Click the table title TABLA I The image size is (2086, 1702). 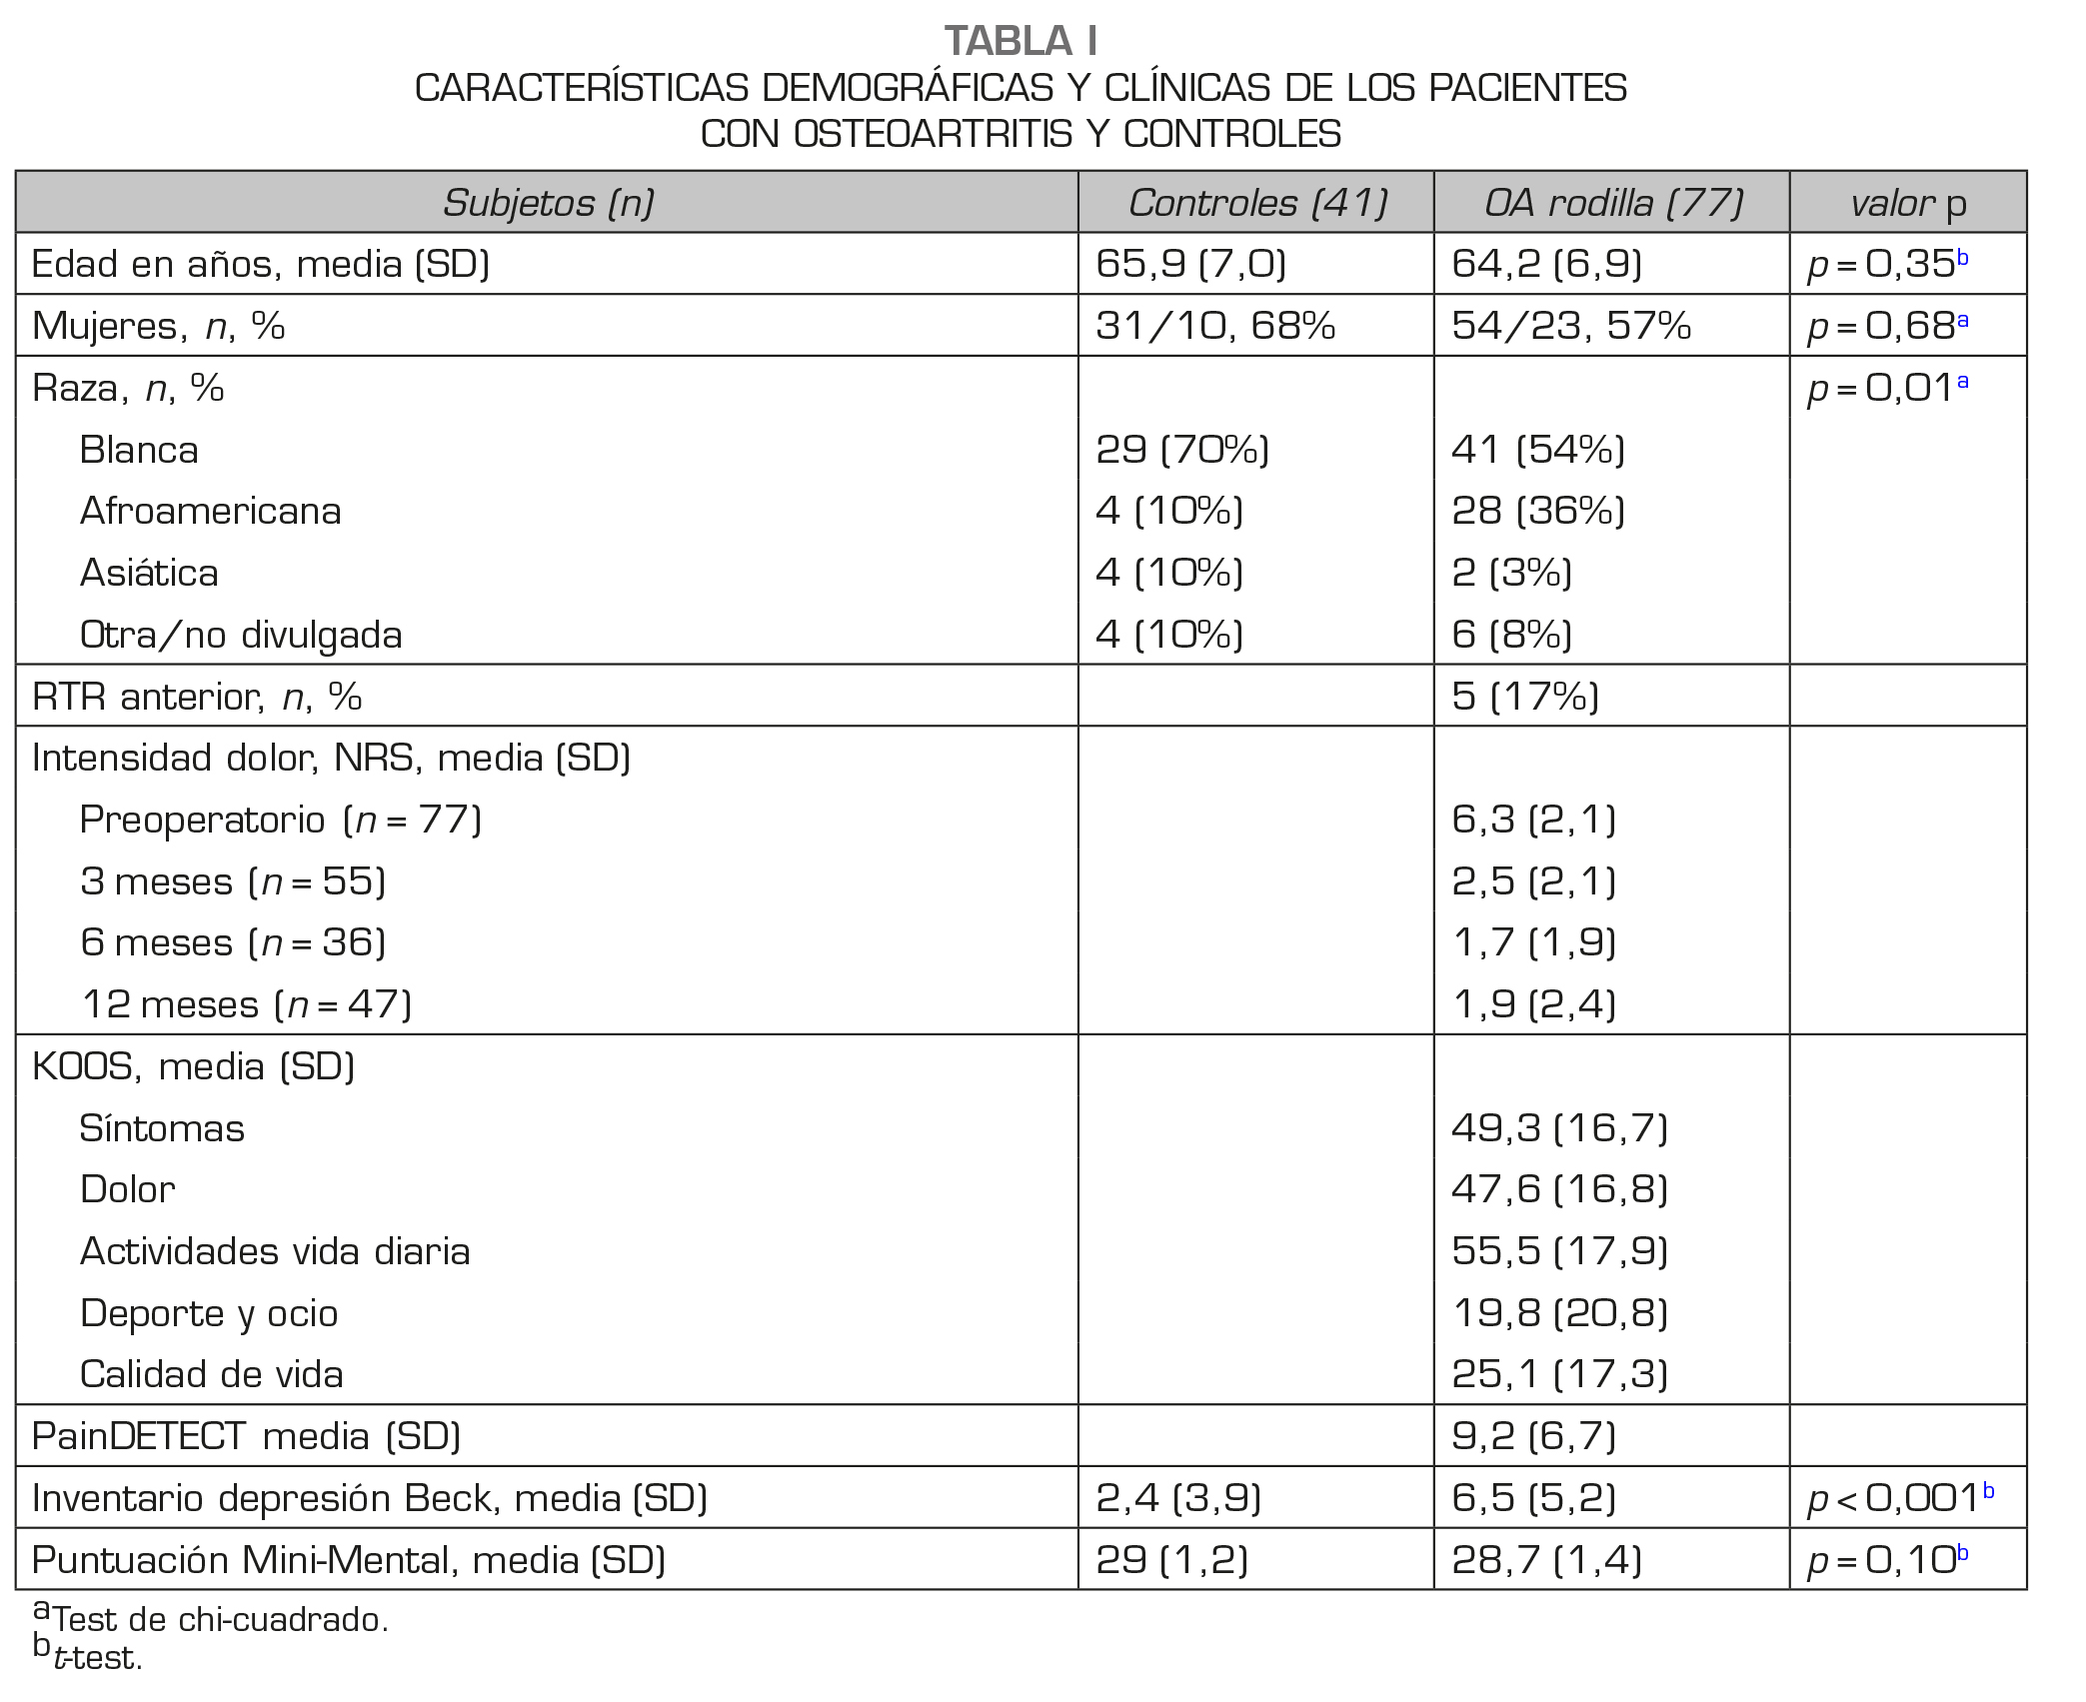click(x=1021, y=41)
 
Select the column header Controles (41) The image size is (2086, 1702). click(x=1257, y=203)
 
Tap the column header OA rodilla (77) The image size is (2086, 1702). click(x=1612, y=203)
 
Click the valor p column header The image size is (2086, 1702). click(x=1907, y=204)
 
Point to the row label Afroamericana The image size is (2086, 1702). click(x=210, y=511)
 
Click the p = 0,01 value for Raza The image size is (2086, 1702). click(x=1887, y=388)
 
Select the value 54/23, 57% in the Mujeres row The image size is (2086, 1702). click(x=1570, y=326)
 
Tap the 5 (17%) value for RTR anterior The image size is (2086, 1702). click(x=1524, y=696)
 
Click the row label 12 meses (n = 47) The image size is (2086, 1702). click(x=246, y=1004)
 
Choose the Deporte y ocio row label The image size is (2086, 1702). click(x=209, y=1313)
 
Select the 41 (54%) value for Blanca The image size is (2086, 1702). click(x=1537, y=450)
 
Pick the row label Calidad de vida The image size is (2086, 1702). click(x=211, y=1374)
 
